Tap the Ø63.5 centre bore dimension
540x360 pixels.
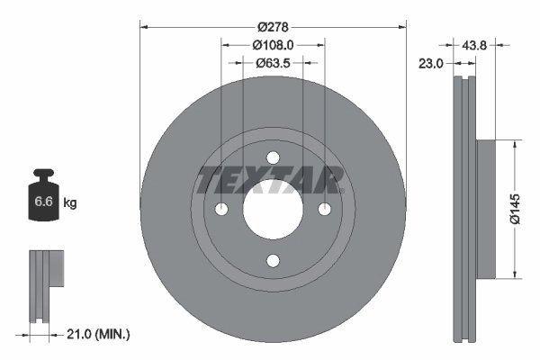tap(272, 63)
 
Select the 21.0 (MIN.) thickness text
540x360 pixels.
tap(99, 334)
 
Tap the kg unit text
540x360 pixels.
tap(70, 203)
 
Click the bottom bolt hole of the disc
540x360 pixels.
tap(273, 261)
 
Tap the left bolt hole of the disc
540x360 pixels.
tap(221, 209)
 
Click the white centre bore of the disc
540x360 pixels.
tap(273, 209)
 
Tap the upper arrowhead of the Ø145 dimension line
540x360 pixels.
tap(514, 143)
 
